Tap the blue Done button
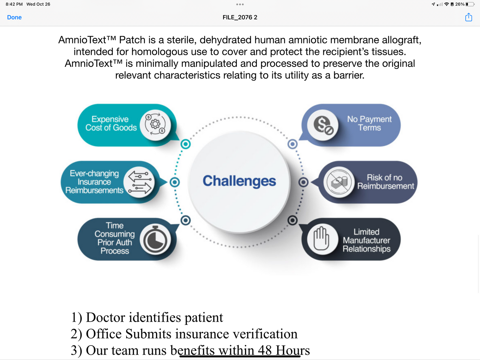(x=14, y=17)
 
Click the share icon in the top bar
(x=468, y=17)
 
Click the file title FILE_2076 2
(x=240, y=17)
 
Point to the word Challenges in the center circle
(x=239, y=181)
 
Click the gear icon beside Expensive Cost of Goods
(x=155, y=125)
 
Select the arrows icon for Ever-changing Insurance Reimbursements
(x=140, y=182)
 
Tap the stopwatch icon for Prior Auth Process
(x=155, y=239)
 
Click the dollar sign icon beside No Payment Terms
(x=323, y=125)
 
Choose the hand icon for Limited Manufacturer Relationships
(x=321, y=239)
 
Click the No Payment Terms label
(x=369, y=123)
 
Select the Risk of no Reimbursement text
(x=385, y=182)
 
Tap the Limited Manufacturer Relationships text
(x=367, y=240)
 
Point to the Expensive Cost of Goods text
(x=111, y=123)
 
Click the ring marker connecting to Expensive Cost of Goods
(x=186, y=144)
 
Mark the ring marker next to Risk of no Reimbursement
(x=304, y=182)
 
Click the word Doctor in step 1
(x=105, y=317)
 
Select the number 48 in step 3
(x=265, y=350)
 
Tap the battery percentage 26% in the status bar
(x=460, y=4)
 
